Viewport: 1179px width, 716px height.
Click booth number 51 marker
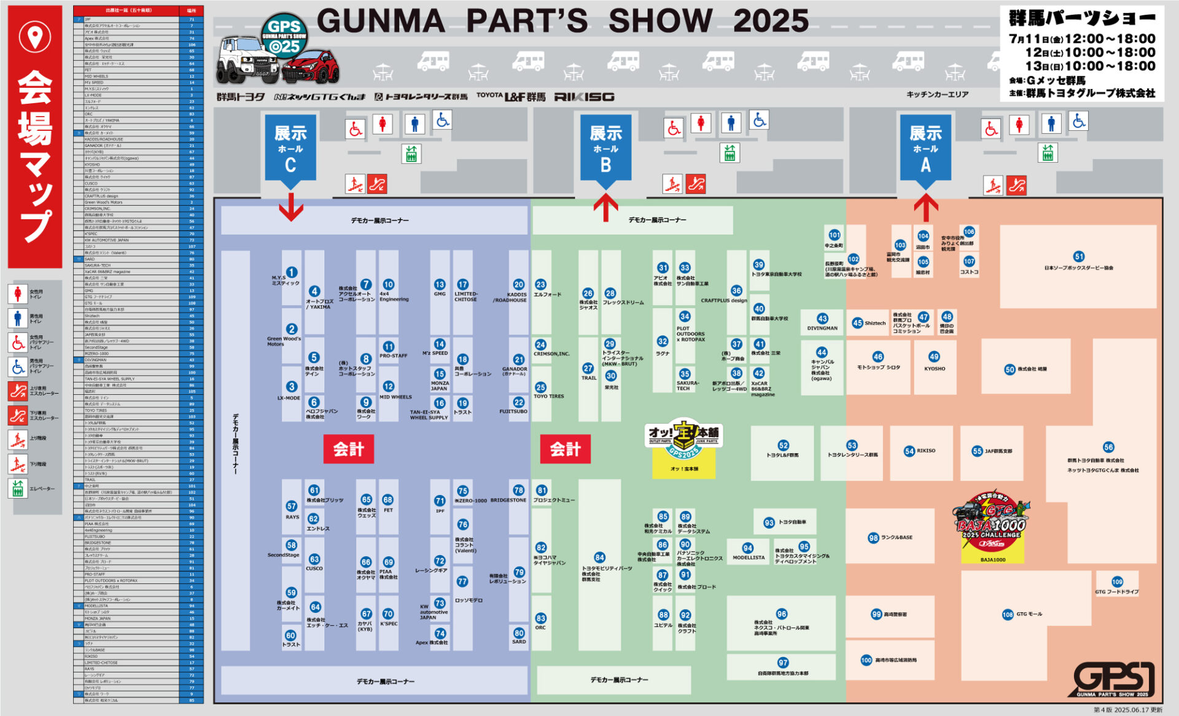click(1078, 257)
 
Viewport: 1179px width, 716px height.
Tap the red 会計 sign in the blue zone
click(348, 449)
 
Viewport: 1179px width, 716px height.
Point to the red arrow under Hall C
click(291, 207)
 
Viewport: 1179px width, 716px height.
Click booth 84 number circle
click(599, 558)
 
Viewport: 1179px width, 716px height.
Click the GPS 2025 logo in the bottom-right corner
click(1114, 680)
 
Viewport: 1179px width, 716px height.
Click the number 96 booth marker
click(781, 613)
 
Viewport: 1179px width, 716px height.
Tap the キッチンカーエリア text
click(937, 94)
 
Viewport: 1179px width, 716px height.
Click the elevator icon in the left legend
click(17, 488)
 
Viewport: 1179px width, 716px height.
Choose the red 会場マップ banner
click(35, 136)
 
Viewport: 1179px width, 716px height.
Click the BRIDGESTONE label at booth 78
click(508, 500)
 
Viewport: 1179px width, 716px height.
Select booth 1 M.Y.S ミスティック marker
click(292, 272)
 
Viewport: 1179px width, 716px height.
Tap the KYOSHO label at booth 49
click(935, 368)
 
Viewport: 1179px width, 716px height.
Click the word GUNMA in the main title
click(381, 21)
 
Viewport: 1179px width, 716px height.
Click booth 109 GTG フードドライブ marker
click(1117, 582)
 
